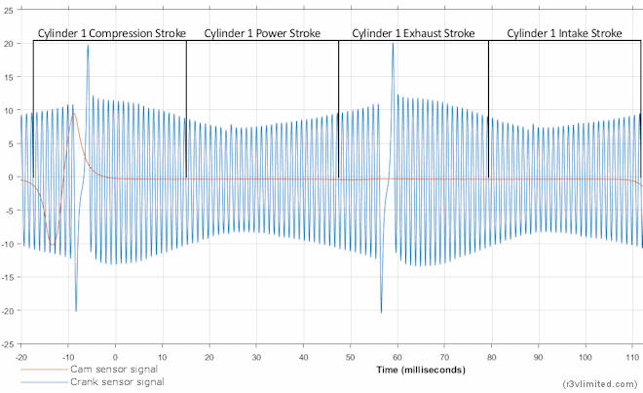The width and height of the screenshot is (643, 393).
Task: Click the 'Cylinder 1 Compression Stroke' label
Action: (111, 33)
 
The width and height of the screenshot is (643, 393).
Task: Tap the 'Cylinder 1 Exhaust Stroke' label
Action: (413, 33)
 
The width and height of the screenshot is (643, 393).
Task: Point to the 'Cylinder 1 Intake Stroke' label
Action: (564, 33)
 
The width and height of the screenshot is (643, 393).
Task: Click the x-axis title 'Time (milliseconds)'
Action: (421, 371)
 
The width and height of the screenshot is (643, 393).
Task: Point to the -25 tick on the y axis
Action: (8, 344)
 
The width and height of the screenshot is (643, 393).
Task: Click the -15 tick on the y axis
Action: (8, 278)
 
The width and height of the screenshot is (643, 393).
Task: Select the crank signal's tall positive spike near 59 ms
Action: (393, 45)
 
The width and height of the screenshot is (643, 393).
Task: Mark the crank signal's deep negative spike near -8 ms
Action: (76, 310)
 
